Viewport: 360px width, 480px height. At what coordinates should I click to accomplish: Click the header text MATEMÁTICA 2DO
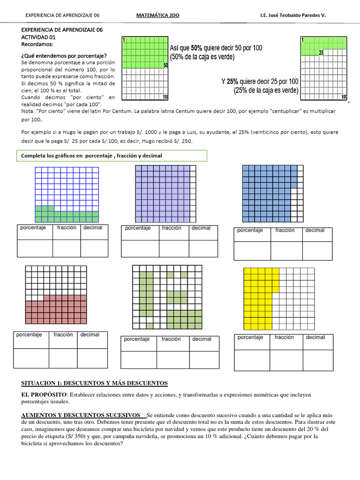click(157, 15)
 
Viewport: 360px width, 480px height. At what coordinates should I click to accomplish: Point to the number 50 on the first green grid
click(165, 65)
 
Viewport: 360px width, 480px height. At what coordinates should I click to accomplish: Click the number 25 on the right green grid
click(321, 53)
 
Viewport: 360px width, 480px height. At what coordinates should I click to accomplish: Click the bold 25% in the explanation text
click(233, 82)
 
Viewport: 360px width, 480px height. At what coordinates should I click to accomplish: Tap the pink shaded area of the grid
click(61, 309)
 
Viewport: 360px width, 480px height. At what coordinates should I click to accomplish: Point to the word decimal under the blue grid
click(315, 230)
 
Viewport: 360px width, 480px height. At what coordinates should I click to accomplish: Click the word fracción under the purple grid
click(172, 228)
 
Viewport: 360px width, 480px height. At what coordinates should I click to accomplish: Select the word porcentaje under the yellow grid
click(250, 337)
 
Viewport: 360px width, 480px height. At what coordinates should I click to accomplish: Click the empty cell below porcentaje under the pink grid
click(31, 358)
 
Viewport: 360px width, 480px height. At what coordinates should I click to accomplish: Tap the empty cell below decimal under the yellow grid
click(317, 360)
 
